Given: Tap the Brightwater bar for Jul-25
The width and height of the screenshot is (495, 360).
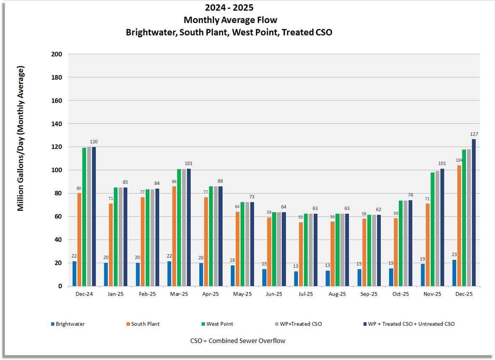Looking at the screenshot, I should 296,279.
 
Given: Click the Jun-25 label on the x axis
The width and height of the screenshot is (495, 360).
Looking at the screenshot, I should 274,294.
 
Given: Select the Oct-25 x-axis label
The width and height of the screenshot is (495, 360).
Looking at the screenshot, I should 401,294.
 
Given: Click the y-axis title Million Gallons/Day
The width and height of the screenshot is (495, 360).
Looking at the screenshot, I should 21,138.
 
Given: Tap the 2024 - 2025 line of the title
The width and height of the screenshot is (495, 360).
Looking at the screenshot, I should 229,8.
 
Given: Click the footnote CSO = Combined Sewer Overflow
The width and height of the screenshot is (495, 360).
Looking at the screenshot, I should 237,341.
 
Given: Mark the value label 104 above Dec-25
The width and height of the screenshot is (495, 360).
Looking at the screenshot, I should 459,161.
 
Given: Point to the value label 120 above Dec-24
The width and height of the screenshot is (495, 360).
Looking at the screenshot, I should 94,142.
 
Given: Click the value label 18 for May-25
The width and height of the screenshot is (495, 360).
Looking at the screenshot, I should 233,260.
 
